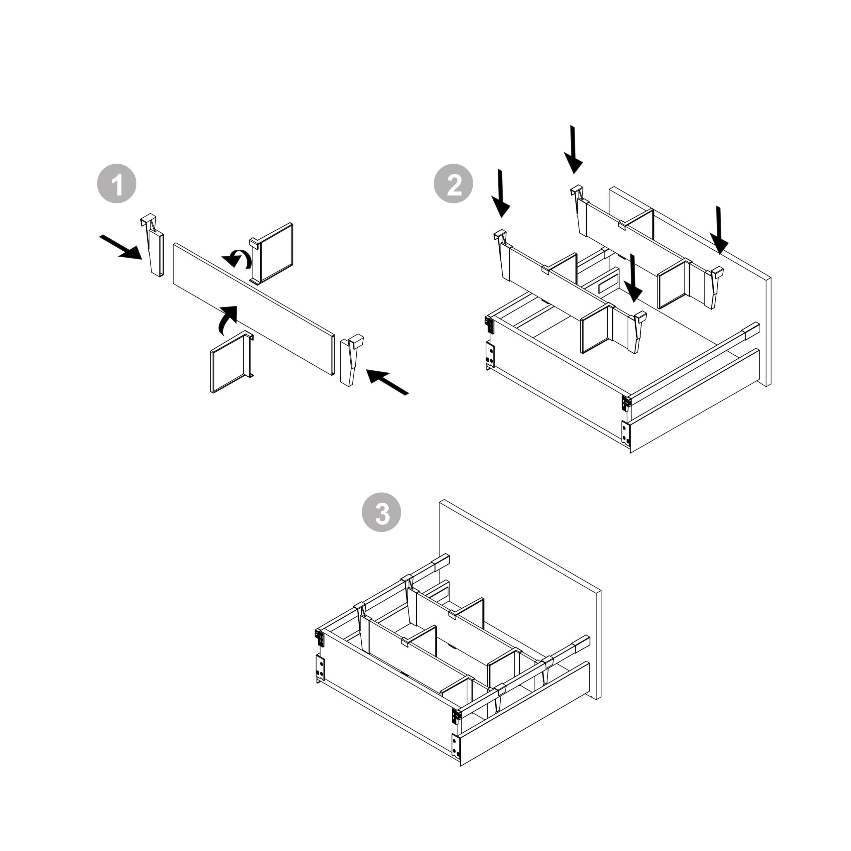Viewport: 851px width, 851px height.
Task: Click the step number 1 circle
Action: (x=117, y=184)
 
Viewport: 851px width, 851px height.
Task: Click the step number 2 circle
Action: (x=454, y=184)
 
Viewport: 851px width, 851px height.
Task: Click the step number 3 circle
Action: (x=381, y=512)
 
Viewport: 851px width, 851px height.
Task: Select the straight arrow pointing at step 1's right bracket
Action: (x=388, y=381)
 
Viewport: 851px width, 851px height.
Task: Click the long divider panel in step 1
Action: (x=253, y=309)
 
